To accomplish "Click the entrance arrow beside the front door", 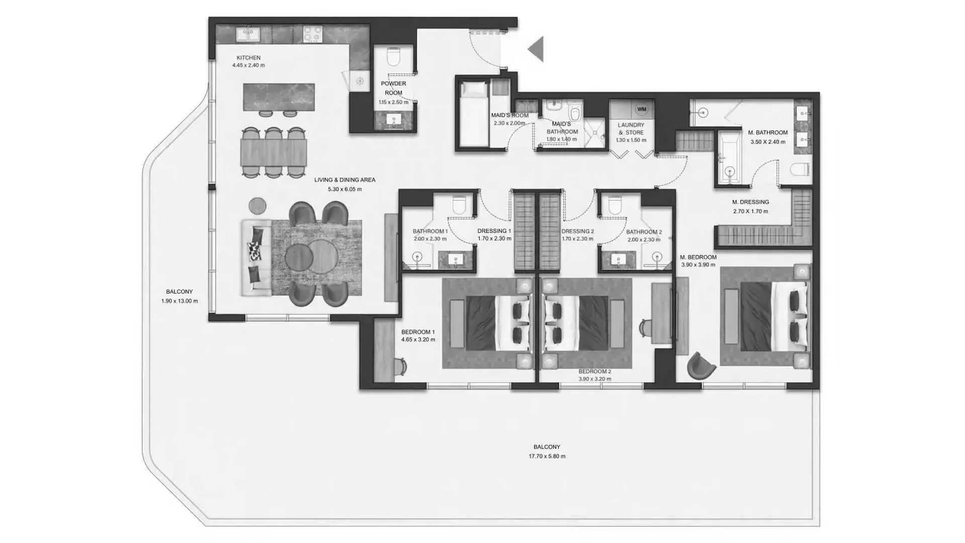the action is point(537,49).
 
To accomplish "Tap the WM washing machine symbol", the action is point(641,109).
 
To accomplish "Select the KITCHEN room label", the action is point(248,58).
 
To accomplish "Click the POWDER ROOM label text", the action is point(394,88).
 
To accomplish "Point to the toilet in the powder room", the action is point(394,56).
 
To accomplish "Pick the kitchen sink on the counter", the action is point(248,35).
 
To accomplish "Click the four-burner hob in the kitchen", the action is point(312,34).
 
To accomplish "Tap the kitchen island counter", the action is point(279,97).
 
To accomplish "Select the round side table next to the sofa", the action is point(258,205).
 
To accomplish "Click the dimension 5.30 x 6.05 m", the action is point(345,190).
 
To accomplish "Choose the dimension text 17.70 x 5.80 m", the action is point(547,457).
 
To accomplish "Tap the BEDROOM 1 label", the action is point(418,332).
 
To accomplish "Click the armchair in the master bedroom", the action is point(701,366).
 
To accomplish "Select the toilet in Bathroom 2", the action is point(615,205).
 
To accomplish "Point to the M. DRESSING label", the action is point(750,202).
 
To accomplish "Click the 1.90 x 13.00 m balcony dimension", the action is point(179,301).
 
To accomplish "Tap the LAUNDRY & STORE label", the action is point(631,129).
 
